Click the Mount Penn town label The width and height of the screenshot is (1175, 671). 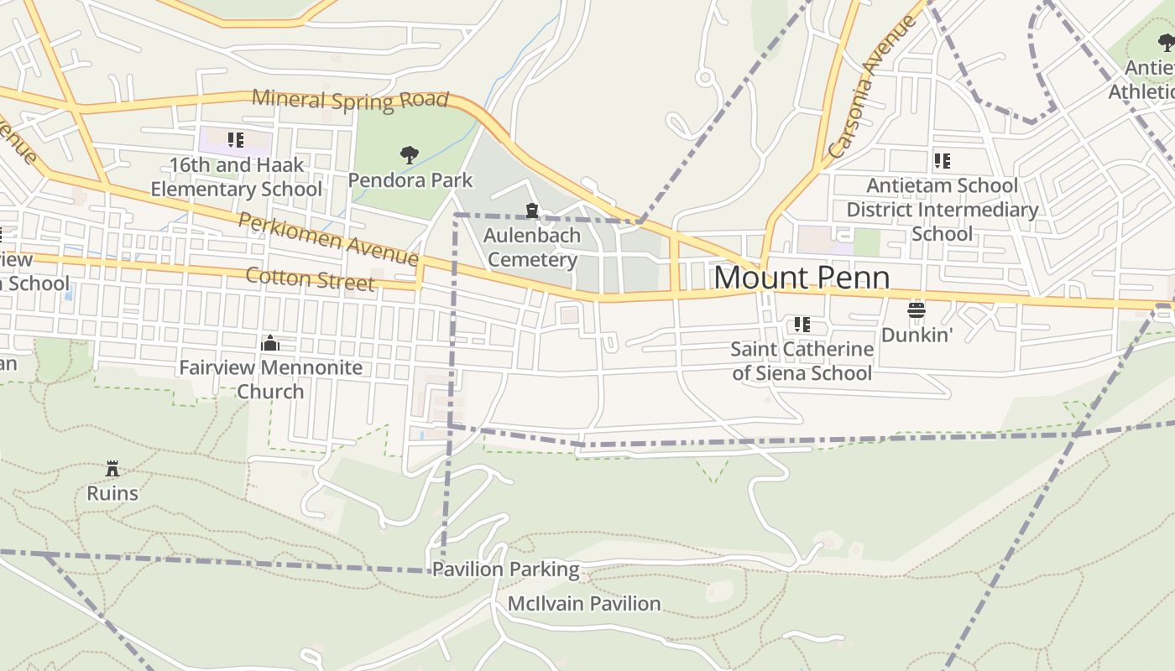[802, 278]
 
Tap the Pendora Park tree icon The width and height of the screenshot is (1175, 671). [410, 154]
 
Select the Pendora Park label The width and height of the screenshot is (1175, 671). [410, 180]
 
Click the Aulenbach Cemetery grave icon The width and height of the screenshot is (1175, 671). [531, 210]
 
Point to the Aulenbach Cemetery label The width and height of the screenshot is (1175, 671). [532, 247]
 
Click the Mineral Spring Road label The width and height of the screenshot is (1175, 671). [350, 99]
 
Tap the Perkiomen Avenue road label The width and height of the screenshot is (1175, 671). [327, 237]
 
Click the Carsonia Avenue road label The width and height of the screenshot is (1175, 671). [872, 86]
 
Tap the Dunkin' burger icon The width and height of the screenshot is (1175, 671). [916, 310]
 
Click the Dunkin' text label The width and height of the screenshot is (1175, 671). [916, 335]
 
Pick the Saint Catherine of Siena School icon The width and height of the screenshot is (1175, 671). [802, 324]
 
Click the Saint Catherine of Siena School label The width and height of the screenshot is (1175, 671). [802, 361]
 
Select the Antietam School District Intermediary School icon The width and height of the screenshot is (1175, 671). [942, 160]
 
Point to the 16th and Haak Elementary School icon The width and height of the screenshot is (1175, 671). [236, 139]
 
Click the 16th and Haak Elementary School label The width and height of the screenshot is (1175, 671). [236, 177]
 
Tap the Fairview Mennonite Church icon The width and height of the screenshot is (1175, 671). [270, 343]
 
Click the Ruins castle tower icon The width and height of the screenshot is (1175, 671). [112, 468]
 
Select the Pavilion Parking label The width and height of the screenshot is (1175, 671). [505, 570]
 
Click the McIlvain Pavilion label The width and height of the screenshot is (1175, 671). [584, 603]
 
